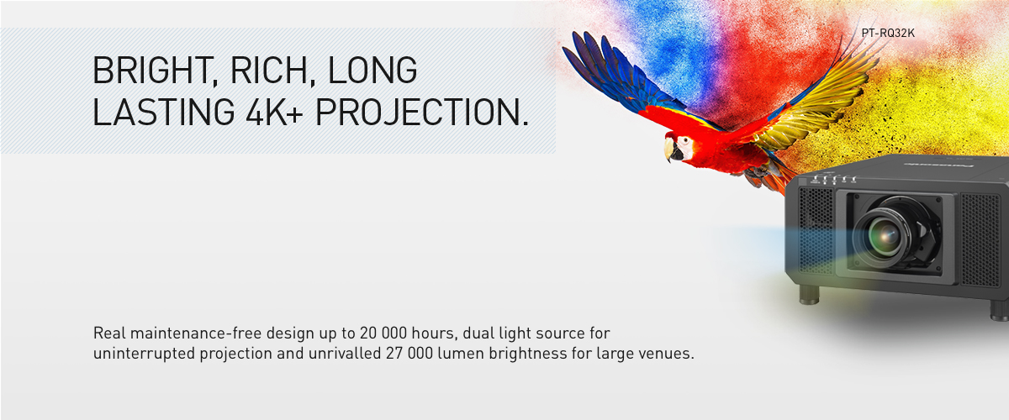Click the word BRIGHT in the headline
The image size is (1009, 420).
click(153, 71)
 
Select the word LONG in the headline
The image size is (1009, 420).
click(372, 71)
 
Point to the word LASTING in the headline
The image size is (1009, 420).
click(163, 112)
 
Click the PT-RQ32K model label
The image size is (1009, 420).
click(888, 34)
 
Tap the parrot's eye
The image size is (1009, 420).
click(685, 141)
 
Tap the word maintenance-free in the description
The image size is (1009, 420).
click(196, 333)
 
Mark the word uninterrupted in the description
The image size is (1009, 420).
click(144, 354)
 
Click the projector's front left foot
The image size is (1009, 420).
click(810, 295)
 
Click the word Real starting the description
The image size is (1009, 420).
click(109, 333)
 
